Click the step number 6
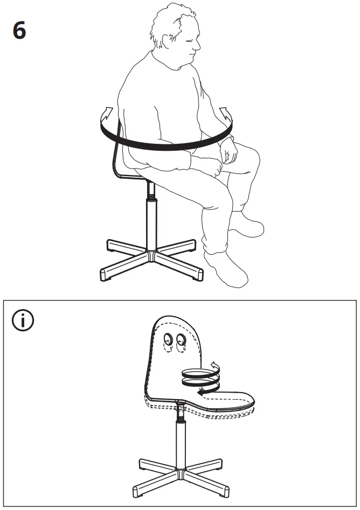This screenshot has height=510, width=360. [x=19, y=31]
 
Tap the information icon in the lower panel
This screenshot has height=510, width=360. [x=23, y=321]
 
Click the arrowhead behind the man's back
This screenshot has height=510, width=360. [x=107, y=114]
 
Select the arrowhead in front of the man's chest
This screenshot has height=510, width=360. [x=224, y=114]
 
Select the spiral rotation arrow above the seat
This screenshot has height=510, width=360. [x=200, y=378]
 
